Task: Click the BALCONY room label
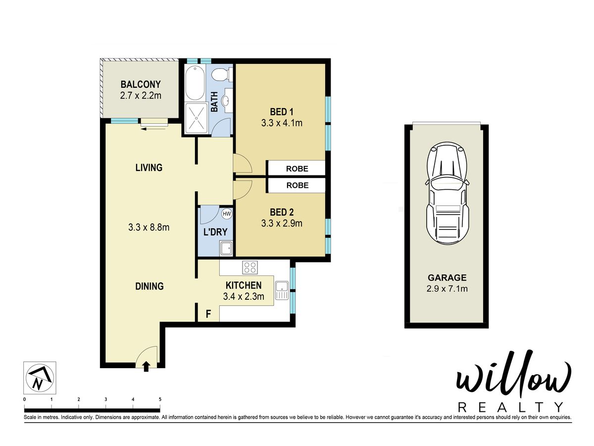coord(141,84)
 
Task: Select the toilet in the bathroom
coord(222,74)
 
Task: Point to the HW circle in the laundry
coord(227,214)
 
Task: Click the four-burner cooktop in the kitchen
coord(250,267)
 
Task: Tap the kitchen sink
coord(282,290)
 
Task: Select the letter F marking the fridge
coord(208,314)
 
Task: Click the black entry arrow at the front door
coord(146,366)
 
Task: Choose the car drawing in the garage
coord(447,194)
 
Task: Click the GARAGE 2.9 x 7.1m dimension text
coord(447,289)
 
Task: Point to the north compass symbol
coord(40,378)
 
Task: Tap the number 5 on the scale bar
coord(160,399)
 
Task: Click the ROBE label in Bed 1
coord(297,168)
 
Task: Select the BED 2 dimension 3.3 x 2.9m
coord(282,223)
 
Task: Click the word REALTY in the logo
coord(510,407)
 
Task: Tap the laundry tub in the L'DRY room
coord(226,249)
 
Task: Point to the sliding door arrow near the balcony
coord(153,129)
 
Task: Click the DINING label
coord(149,286)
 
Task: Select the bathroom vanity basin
coord(227,101)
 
